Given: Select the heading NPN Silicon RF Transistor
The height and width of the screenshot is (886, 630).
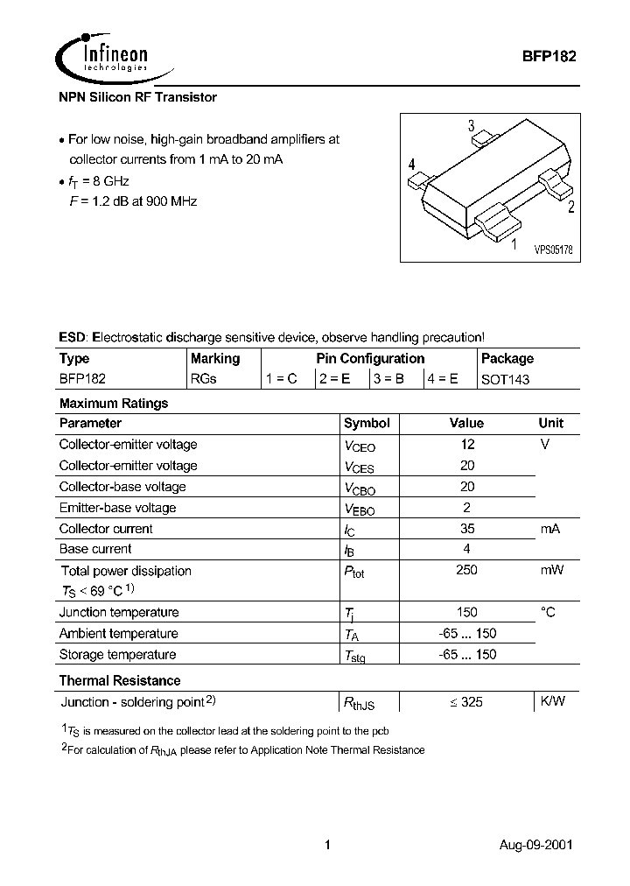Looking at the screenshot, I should pyautogui.click(x=137, y=97).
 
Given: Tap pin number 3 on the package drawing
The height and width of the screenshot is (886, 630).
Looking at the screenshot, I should pyautogui.click(x=471, y=125).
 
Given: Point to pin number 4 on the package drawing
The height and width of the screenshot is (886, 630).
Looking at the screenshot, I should pyautogui.click(x=411, y=165).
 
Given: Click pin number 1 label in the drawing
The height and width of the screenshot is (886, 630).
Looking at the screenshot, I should pyautogui.click(x=514, y=244).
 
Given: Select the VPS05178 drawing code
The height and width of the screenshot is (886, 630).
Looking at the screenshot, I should pyautogui.click(x=553, y=250).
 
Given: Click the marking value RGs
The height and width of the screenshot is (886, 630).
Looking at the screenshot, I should pyautogui.click(x=203, y=379).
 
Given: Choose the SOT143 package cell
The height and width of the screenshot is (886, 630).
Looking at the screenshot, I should pyautogui.click(x=505, y=379).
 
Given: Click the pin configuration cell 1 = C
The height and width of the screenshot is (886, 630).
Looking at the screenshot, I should pyautogui.click(x=282, y=379).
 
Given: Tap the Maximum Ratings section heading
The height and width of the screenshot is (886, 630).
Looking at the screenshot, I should pyautogui.click(x=113, y=404).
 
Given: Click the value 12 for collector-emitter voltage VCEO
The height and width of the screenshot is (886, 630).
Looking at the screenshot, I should pyautogui.click(x=467, y=445).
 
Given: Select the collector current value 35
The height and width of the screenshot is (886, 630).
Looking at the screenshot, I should pyautogui.click(x=467, y=529).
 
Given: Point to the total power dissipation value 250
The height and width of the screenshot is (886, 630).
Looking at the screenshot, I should pyautogui.click(x=467, y=571).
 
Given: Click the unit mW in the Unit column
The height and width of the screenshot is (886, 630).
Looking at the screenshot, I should pyautogui.click(x=551, y=571).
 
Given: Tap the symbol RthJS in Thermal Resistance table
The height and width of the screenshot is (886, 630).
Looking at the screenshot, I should pyautogui.click(x=357, y=703).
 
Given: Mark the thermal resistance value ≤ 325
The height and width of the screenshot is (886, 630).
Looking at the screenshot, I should pyautogui.click(x=465, y=702).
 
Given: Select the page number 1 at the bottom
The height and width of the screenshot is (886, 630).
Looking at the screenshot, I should pyautogui.click(x=327, y=846).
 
